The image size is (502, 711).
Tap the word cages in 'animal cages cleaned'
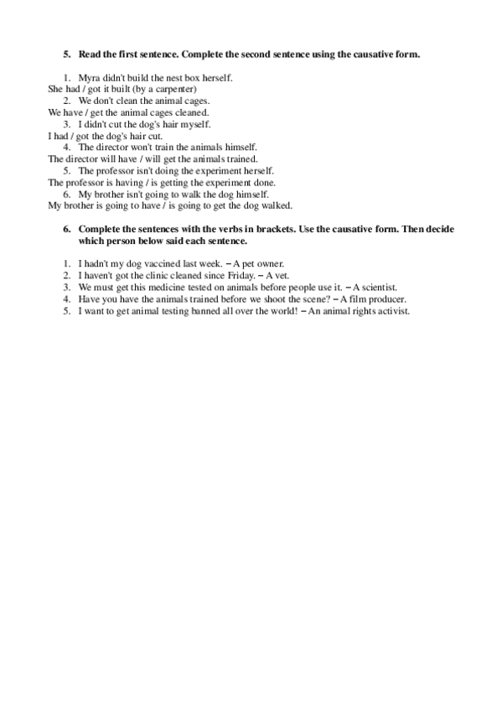tap(161, 112)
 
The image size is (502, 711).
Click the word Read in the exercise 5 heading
tap(89, 54)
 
